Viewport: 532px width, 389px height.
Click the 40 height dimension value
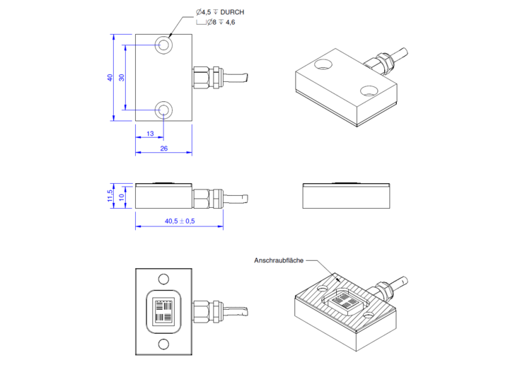[x=110, y=77]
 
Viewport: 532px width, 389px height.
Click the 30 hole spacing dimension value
[x=121, y=77]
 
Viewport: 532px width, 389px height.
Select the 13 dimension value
[x=150, y=134]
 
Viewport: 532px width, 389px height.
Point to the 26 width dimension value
[x=163, y=149]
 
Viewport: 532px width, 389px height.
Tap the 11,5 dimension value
[x=110, y=195]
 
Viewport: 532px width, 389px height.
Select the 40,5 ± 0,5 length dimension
[x=180, y=221]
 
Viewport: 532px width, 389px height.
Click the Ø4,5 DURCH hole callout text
[x=220, y=12]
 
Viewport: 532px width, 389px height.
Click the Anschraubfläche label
[x=279, y=261]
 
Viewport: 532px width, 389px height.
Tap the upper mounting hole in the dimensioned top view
[x=164, y=45]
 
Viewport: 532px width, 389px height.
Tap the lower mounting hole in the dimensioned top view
[x=164, y=110]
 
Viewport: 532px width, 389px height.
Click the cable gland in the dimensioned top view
[x=207, y=76]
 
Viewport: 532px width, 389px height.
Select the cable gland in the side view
[x=207, y=196]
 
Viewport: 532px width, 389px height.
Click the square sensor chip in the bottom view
[x=163, y=311]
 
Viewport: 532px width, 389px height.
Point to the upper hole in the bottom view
[x=163, y=279]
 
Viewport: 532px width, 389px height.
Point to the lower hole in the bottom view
[x=163, y=344]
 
